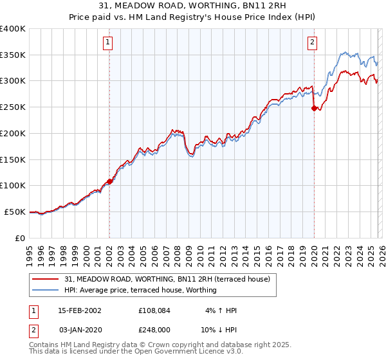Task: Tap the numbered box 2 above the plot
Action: pyautogui.click(x=312, y=43)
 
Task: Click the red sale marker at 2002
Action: pyautogui.click(x=110, y=181)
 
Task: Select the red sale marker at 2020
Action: pyautogui.click(x=314, y=109)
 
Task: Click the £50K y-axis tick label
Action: pyautogui.click(x=15, y=212)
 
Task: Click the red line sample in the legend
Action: pyautogui.click(x=46, y=279)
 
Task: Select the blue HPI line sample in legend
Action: pyautogui.click(x=46, y=290)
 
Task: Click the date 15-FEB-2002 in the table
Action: pyautogui.click(x=80, y=310)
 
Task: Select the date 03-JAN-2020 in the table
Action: pyautogui.click(x=80, y=328)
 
